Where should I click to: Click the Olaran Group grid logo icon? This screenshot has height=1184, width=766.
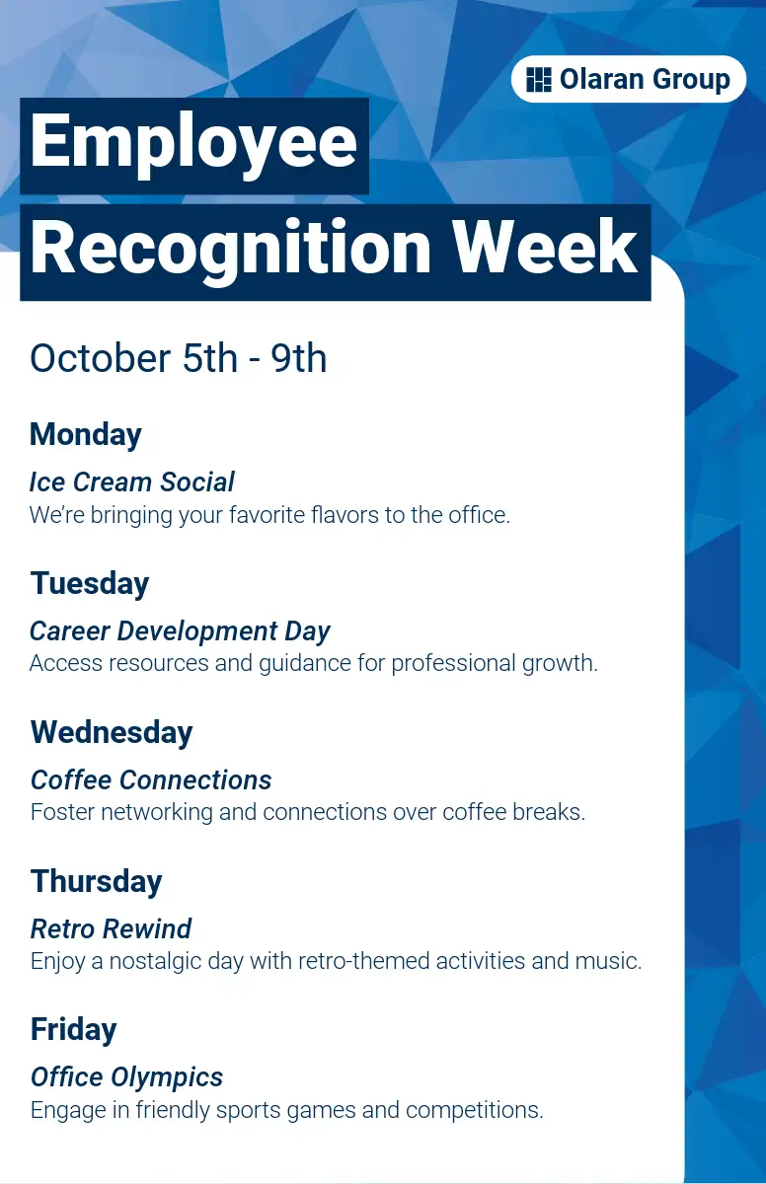click(539, 80)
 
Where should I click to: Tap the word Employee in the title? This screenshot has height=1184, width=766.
click(193, 142)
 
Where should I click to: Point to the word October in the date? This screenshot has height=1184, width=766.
click(101, 358)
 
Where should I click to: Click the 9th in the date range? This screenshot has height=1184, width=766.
click(299, 358)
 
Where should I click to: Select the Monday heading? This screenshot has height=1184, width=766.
click(86, 435)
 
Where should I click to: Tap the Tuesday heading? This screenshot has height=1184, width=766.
click(90, 584)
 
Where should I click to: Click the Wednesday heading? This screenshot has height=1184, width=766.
click(112, 733)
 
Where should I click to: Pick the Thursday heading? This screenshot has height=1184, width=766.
click(96, 882)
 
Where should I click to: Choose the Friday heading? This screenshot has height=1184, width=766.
click(73, 1029)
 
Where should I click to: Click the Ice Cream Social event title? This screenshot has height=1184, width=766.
click(131, 481)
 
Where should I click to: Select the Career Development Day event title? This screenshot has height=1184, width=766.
click(180, 631)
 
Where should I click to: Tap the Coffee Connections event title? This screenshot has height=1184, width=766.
click(151, 779)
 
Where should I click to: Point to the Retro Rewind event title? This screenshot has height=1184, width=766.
click(111, 928)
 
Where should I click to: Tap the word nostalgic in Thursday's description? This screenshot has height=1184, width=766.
click(155, 961)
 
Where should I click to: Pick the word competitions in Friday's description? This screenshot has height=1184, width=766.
click(474, 1110)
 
